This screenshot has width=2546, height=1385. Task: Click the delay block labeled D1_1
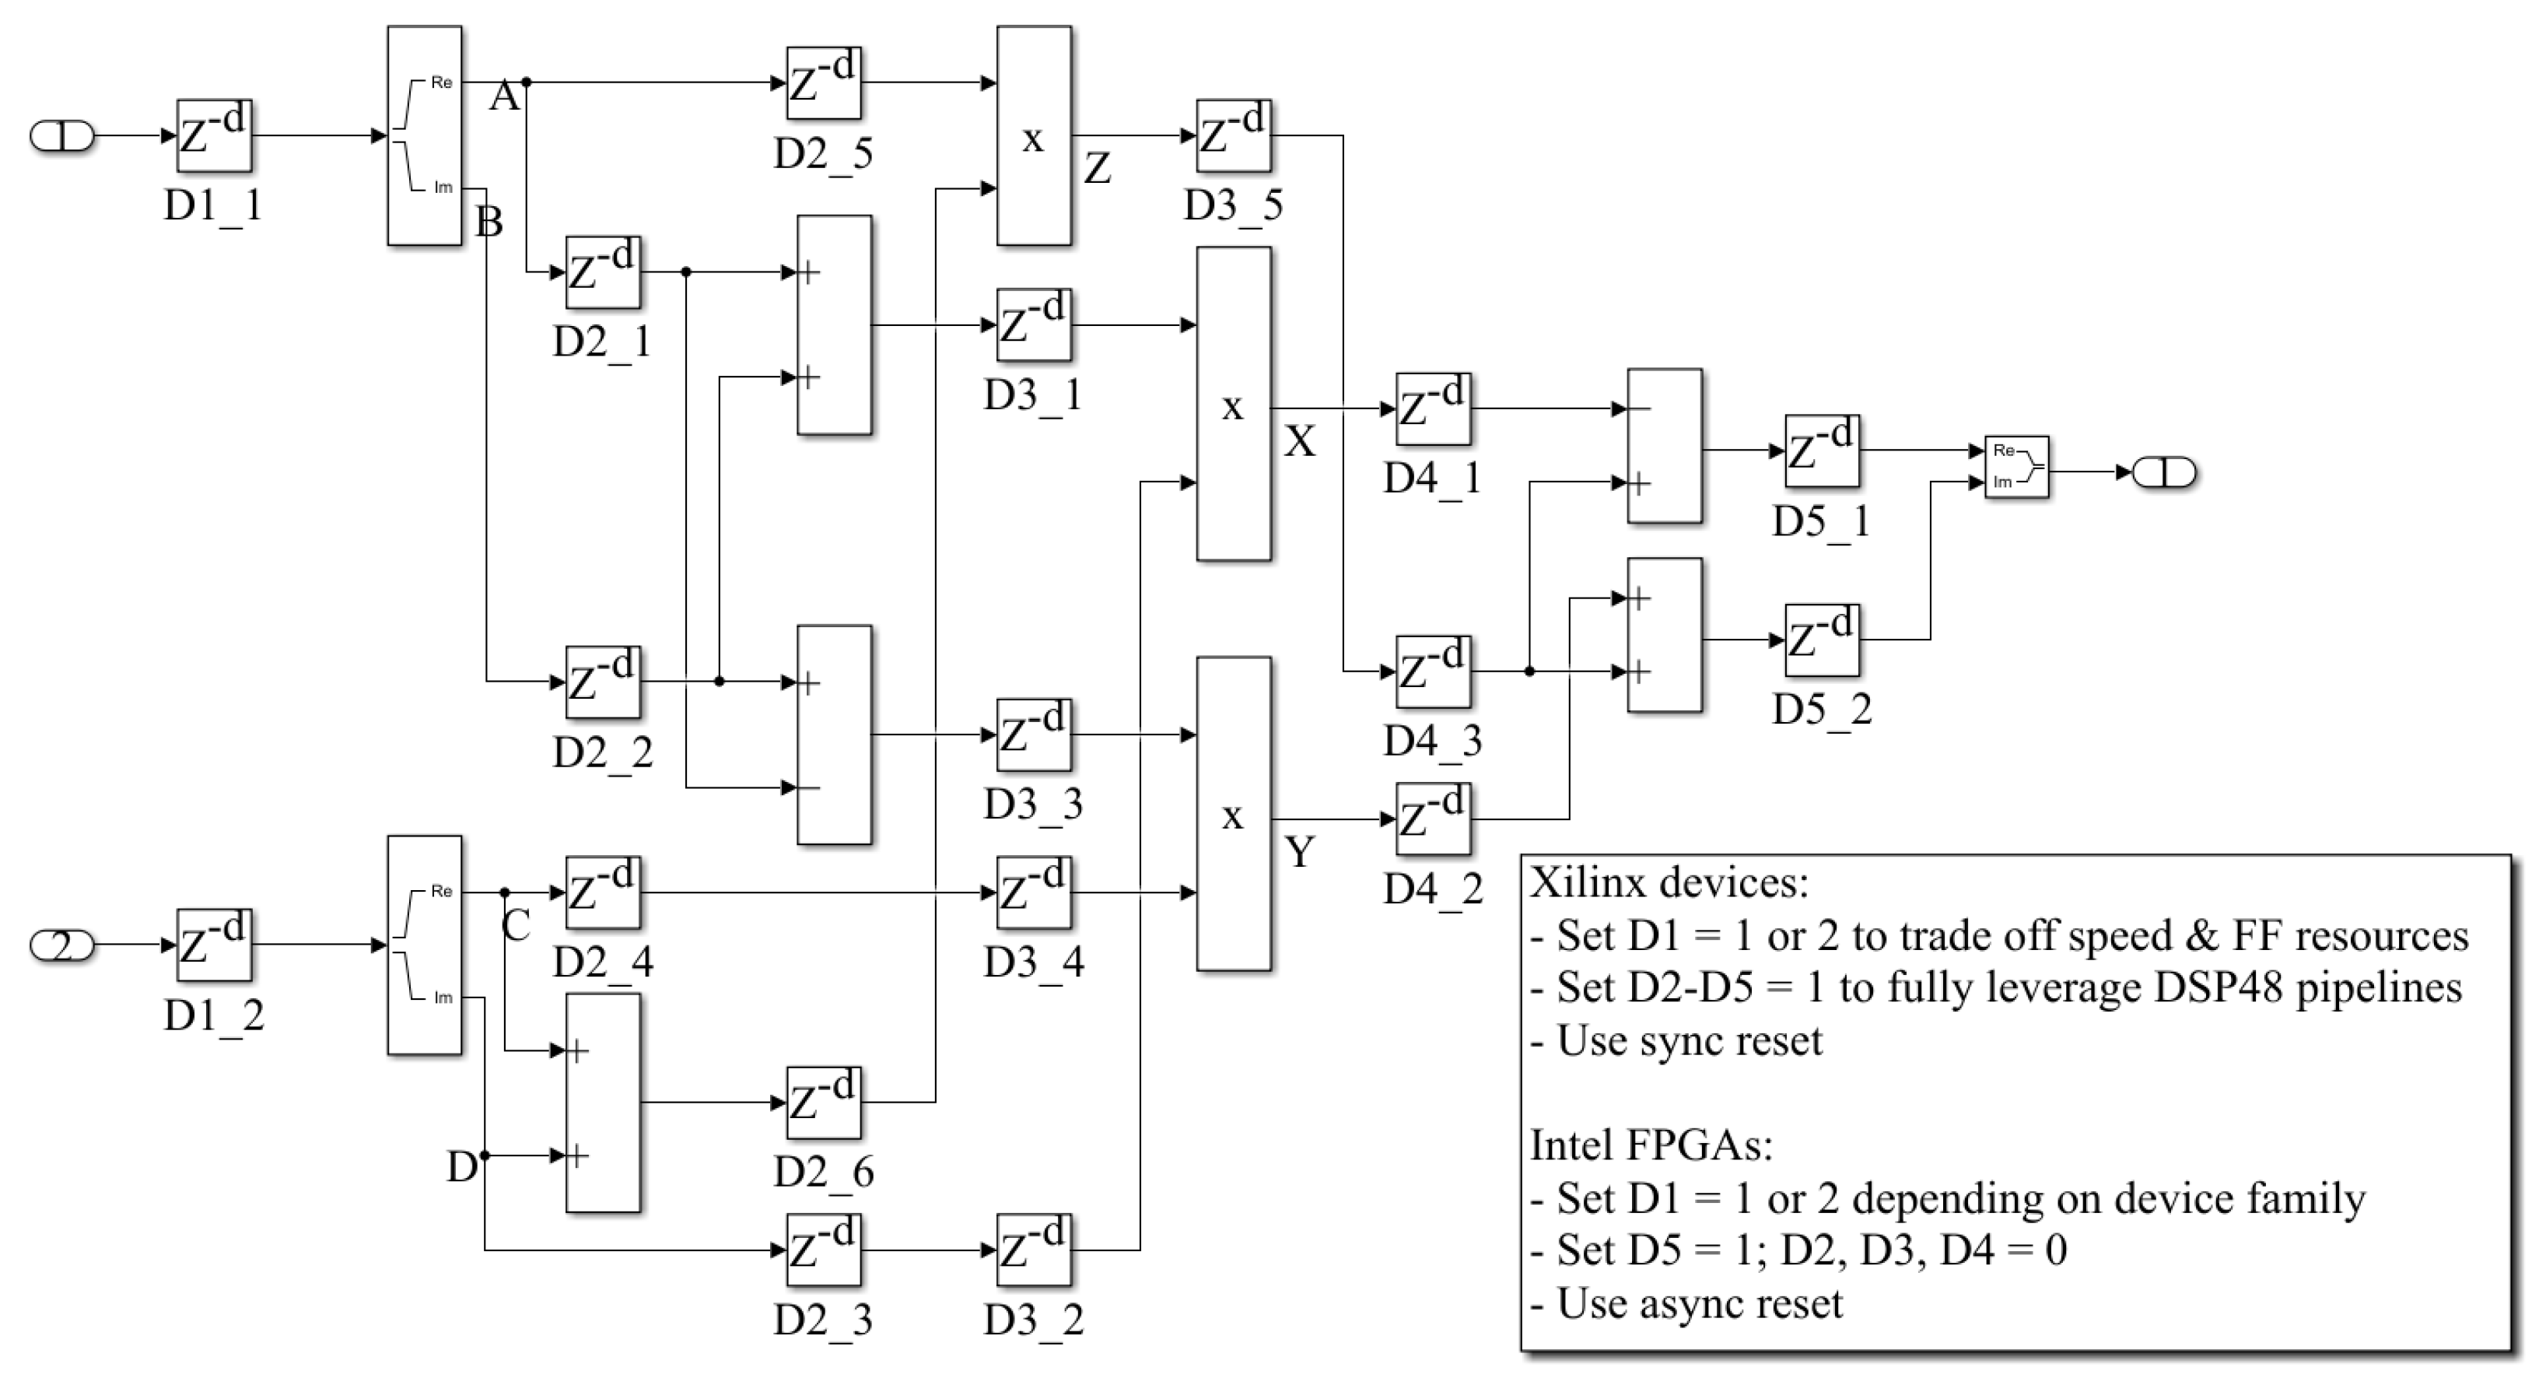tap(213, 136)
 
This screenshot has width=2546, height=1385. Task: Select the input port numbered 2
tap(61, 946)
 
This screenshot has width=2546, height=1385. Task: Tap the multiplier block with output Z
tap(1034, 136)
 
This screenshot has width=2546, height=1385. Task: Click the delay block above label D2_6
tap(823, 1103)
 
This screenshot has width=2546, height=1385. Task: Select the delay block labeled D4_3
tap(1433, 672)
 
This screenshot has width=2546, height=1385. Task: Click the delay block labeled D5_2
tap(1822, 640)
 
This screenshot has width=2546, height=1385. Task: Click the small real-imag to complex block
tap(2016, 468)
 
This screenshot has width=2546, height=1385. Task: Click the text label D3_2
tap(1033, 1320)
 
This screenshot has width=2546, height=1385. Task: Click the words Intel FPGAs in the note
tap(1651, 1146)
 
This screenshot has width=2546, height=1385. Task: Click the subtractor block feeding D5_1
tap(1665, 446)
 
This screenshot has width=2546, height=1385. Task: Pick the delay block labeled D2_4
tap(603, 892)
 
